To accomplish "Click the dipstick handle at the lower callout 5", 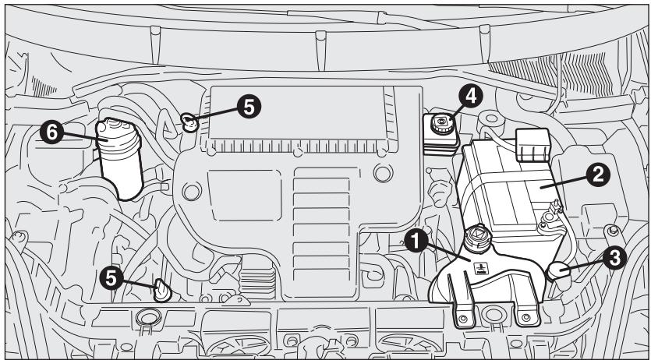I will [x=161, y=290].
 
